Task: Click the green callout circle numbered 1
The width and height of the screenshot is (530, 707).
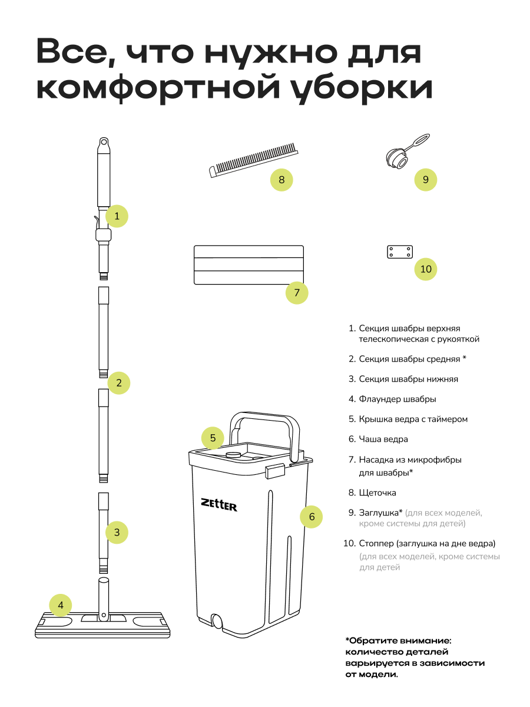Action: (117, 216)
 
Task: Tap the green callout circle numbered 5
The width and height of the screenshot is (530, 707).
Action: (213, 438)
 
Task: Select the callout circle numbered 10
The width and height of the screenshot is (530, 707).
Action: (426, 270)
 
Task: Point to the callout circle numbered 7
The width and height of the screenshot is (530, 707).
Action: (297, 292)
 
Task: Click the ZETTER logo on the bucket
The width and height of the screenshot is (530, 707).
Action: (219, 504)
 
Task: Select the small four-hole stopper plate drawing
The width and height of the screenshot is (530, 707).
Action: (399, 252)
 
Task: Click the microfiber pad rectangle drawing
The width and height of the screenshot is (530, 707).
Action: (249, 265)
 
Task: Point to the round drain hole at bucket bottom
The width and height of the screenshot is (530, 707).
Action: (217, 622)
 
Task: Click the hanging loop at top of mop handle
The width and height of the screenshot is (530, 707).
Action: (103, 143)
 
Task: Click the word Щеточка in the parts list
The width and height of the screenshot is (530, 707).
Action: (377, 493)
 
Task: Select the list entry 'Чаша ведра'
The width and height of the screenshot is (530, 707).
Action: (383, 439)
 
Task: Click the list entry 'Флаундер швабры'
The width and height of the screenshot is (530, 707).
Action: (397, 399)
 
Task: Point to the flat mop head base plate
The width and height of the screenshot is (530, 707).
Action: (103, 625)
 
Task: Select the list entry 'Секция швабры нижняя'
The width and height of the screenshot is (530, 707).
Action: (408, 379)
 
